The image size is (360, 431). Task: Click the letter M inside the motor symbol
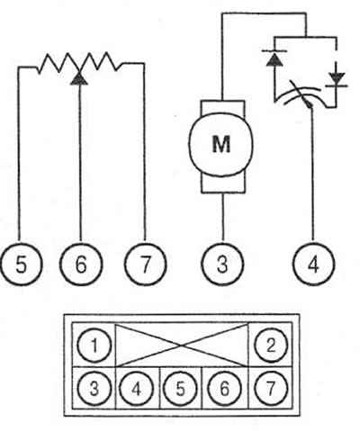pyautogui.click(x=221, y=144)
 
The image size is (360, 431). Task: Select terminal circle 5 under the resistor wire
pyautogui.click(x=21, y=265)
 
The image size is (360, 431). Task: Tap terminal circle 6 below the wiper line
pyautogui.click(x=81, y=264)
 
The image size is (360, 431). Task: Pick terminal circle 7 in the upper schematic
pyautogui.click(x=145, y=265)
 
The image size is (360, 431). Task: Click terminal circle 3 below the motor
pyautogui.click(x=222, y=264)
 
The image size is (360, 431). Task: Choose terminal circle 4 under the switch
pyautogui.click(x=313, y=264)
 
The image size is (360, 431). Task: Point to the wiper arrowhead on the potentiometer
pyautogui.click(x=79, y=78)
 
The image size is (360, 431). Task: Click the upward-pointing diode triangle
pyautogui.click(x=274, y=59)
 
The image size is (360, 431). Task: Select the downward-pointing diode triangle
pyautogui.click(x=337, y=78)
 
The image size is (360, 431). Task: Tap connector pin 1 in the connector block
pyautogui.click(x=94, y=345)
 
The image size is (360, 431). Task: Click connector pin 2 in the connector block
pyautogui.click(x=271, y=345)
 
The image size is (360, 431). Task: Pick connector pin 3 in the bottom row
pyautogui.click(x=94, y=389)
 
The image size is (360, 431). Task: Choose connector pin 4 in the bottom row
pyautogui.click(x=137, y=389)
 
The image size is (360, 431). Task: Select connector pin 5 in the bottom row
pyautogui.click(x=180, y=389)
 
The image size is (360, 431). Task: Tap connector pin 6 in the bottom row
pyautogui.click(x=224, y=389)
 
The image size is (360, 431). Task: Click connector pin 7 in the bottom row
pyautogui.click(x=271, y=389)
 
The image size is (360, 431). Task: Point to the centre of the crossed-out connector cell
pyautogui.click(x=182, y=346)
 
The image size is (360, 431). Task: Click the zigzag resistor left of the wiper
pyautogui.click(x=58, y=63)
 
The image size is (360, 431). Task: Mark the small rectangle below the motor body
pyautogui.click(x=223, y=184)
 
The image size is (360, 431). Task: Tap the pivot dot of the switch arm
pyautogui.click(x=310, y=105)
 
